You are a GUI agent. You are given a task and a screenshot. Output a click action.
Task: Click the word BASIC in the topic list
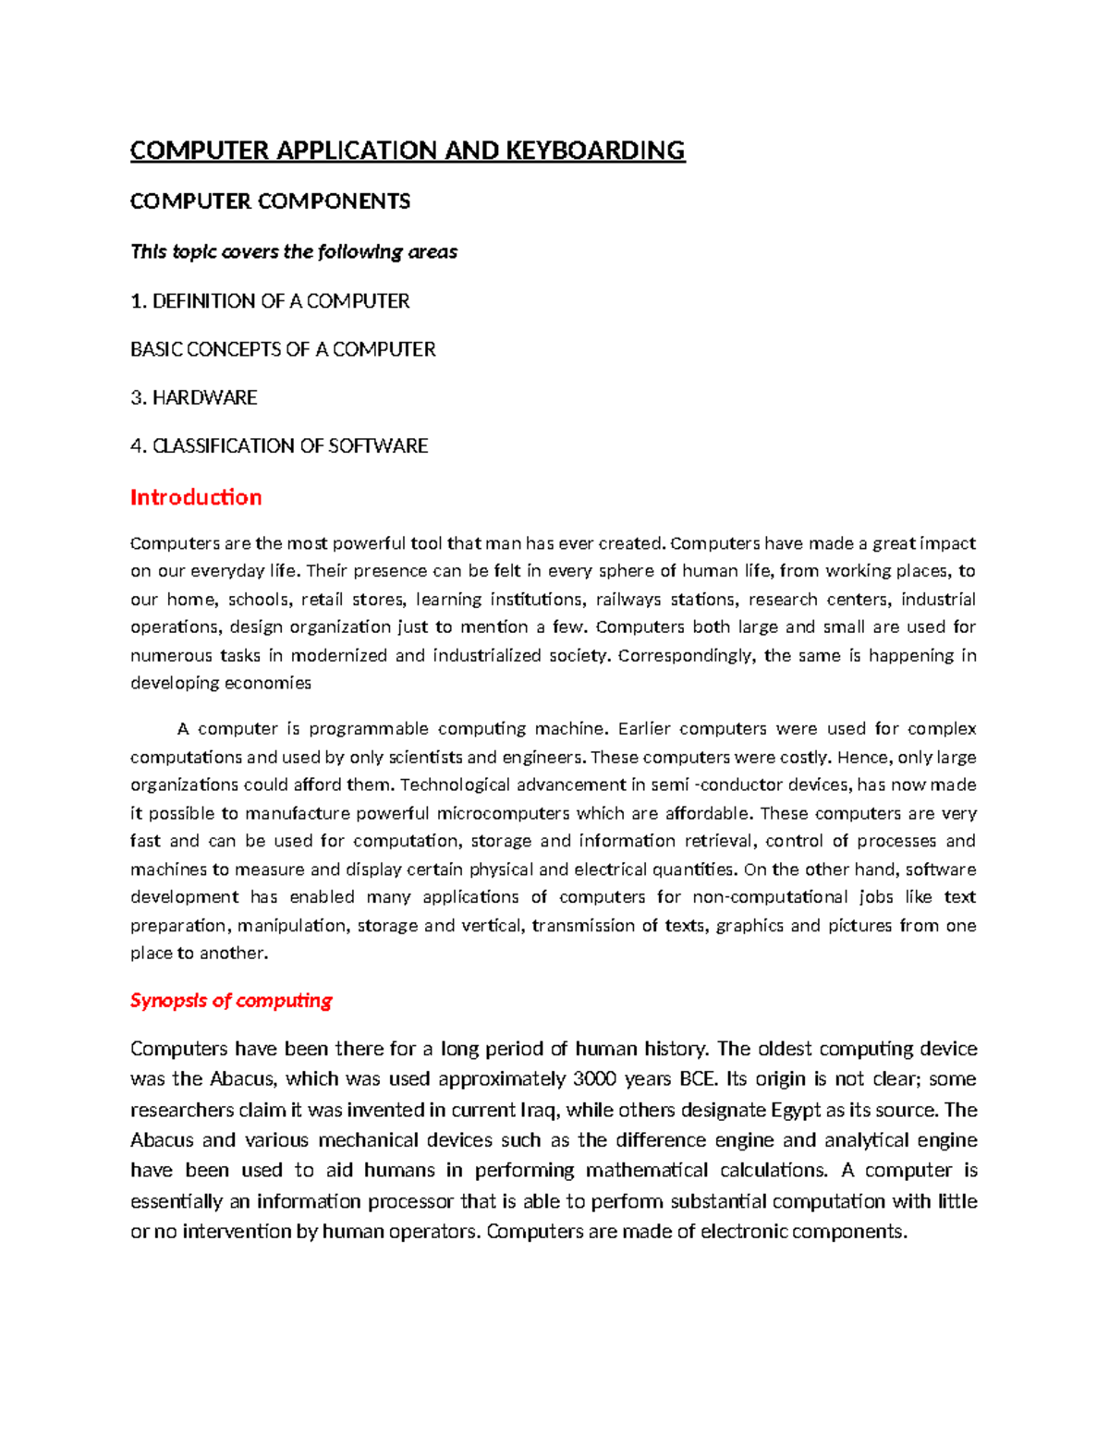tap(156, 349)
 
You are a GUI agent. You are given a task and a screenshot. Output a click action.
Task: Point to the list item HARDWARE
tap(204, 397)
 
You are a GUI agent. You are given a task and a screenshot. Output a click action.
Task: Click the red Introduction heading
tap(196, 497)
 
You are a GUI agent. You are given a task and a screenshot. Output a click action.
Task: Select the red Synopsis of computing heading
tap(231, 1001)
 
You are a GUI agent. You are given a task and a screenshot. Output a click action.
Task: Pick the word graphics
tap(749, 925)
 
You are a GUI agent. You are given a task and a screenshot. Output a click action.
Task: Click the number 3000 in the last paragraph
tap(595, 1079)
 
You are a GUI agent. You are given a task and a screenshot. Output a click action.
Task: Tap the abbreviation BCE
tap(698, 1079)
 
